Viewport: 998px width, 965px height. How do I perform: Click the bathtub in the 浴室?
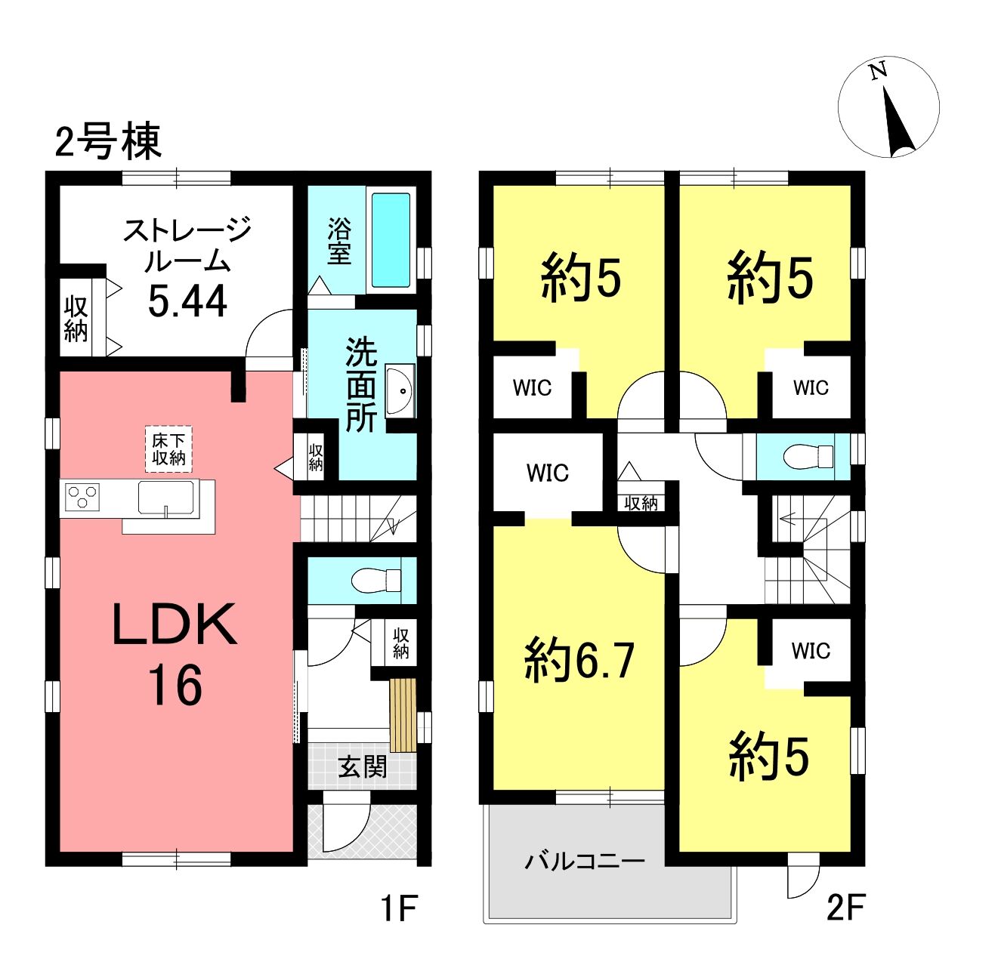(x=391, y=240)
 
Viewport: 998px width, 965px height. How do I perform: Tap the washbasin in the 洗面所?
(x=398, y=390)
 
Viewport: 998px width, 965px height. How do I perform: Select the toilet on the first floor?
(x=376, y=580)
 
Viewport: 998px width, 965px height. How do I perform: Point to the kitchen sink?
(x=165, y=497)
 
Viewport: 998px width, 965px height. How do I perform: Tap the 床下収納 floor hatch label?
(x=168, y=449)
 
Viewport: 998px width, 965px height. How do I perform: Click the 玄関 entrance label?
(x=362, y=768)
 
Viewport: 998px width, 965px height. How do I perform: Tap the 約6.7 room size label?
(x=579, y=661)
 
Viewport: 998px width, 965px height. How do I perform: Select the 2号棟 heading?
(x=108, y=141)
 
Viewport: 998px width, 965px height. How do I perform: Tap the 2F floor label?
(x=845, y=908)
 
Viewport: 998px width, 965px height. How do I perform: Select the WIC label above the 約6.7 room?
(x=547, y=473)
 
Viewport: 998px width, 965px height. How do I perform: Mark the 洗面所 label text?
(x=362, y=385)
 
